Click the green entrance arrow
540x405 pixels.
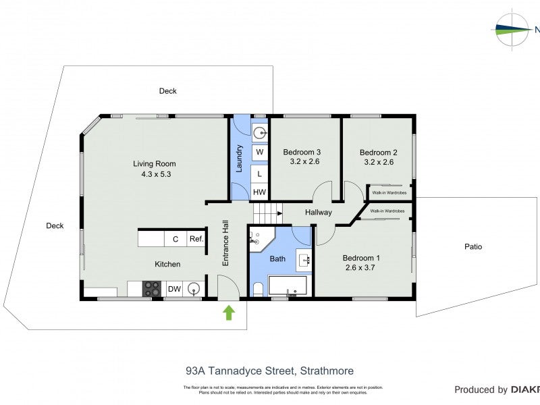(229, 313)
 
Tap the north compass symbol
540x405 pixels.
(513, 30)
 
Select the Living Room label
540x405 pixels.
(154, 163)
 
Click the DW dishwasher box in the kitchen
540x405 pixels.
(174, 290)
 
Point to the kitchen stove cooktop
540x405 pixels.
(151, 290)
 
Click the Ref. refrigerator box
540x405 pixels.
(196, 239)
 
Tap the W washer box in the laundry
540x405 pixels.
(260, 153)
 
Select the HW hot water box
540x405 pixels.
(260, 192)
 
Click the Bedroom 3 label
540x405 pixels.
(302, 152)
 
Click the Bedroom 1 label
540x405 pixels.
(361, 258)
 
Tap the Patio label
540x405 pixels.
(473, 247)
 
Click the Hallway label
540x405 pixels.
(318, 212)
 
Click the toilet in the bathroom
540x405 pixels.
(258, 290)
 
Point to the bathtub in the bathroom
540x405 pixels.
(288, 286)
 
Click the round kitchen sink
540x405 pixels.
(194, 290)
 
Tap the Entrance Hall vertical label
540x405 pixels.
(227, 244)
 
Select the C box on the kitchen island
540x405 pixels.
(175, 239)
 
